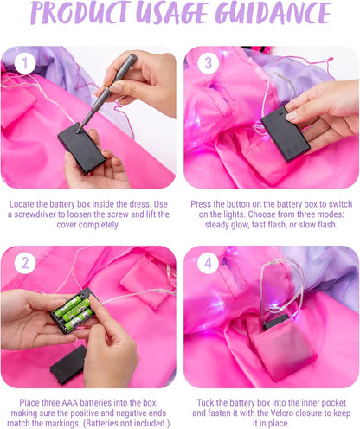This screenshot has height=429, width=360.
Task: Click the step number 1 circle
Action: (25, 63)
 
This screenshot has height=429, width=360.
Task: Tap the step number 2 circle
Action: (25, 263)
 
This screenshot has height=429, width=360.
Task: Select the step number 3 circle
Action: (208, 63)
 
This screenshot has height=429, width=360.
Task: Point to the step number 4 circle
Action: (208, 263)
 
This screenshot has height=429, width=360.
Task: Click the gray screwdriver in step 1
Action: (106, 93)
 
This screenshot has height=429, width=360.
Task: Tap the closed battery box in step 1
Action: (81, 148)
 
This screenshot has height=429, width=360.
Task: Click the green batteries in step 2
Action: (74, 313)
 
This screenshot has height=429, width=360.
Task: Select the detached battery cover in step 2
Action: (68, 365)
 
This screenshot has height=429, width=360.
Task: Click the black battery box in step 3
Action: (286, 134)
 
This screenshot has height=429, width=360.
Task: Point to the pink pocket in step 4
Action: (281, 349)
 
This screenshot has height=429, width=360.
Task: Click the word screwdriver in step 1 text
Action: (39, 214)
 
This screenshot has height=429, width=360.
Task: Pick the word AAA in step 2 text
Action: (70, 403)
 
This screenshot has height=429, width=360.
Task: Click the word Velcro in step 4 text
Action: (284, 413)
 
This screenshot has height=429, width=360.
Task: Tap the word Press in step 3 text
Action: (201, 204)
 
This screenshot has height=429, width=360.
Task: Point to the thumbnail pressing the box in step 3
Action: (291, 116)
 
